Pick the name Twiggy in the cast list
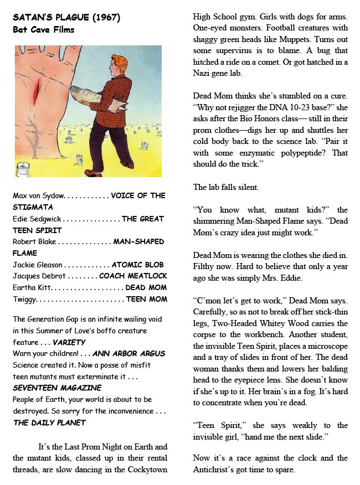24,300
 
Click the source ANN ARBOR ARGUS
129,354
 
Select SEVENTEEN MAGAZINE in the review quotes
57,388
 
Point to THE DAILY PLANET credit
50,423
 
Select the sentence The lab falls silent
230,187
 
